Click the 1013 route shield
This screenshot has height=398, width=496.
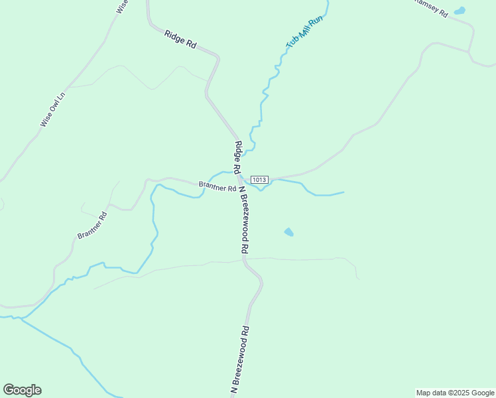tap(259, 180)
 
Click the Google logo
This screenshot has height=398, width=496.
tap(22, 390)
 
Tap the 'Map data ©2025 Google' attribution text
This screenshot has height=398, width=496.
tap(456, 393)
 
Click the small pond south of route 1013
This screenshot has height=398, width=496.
tap(288, 232)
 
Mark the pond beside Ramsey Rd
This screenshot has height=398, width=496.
tap(459, 11)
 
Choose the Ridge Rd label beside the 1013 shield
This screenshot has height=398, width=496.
tap(238, 157)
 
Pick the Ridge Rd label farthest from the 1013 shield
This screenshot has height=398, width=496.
tap(181, 40)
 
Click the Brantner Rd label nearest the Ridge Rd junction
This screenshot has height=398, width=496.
tap(217, 186)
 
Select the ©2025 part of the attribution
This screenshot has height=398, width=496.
tap(460, 393)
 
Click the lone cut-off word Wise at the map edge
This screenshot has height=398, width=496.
tap(122, 6)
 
